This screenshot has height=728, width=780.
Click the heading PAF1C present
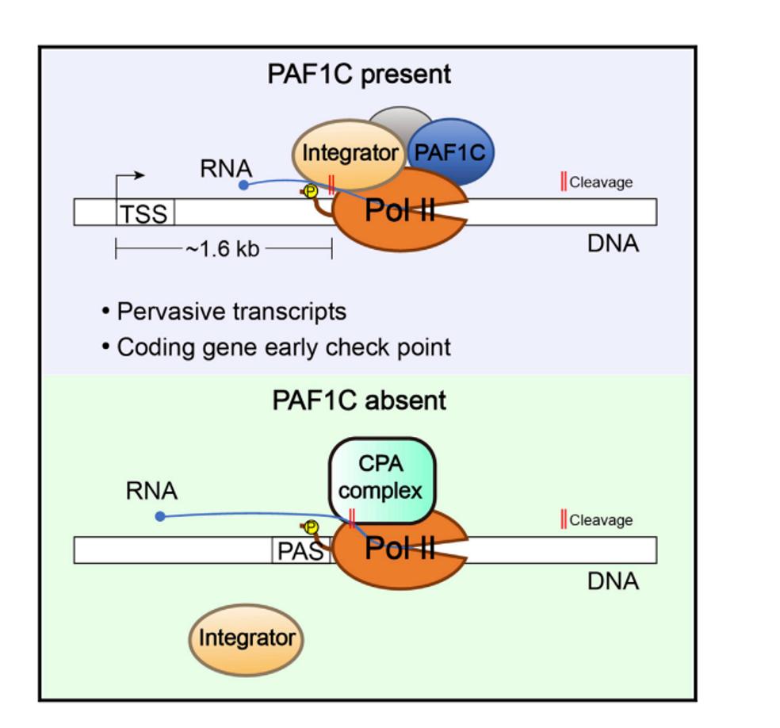pos(359,74)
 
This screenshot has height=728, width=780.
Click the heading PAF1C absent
pos(359,400)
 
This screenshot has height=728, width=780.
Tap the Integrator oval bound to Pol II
pos(350,153)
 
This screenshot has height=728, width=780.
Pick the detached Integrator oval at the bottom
pos(247,638)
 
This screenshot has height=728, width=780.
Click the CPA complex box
pos(381,479)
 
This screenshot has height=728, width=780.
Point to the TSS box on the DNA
pos(146,213)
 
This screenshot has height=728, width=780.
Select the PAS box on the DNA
pos(300,550)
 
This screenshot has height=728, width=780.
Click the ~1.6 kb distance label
pos(223,249)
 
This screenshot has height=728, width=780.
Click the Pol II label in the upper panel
pos(400,211)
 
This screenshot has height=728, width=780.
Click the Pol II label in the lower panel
pos(400,549)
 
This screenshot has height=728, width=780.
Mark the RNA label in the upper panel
pos(226,168)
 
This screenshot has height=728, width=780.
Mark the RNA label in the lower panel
pos(151,491)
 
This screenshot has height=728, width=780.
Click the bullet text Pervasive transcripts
pos(231,312)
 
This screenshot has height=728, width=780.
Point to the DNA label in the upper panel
pos(613,243)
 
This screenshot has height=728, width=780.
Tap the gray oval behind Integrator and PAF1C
pos(402,119)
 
